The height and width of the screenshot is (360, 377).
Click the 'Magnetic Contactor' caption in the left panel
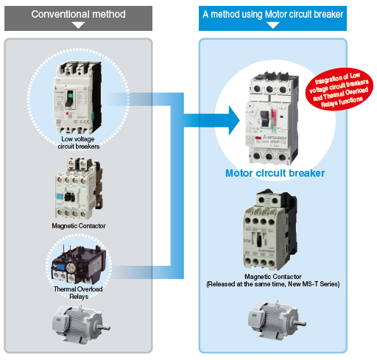78,225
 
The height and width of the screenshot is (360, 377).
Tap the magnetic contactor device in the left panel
77,186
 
